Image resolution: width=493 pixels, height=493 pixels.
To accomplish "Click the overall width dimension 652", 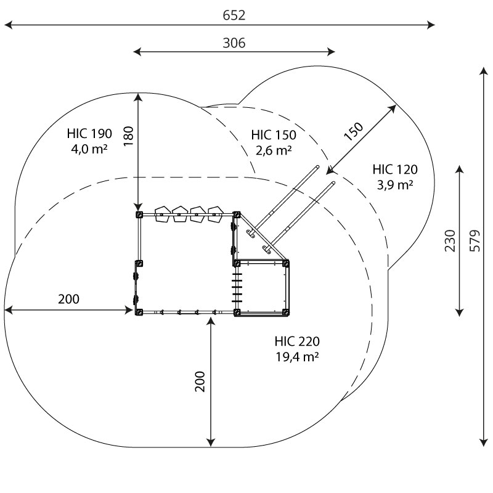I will (x=234, y=15).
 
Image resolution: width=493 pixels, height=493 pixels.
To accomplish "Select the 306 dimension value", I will (x=234, y=43).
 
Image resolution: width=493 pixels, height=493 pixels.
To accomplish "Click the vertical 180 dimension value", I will (x=128, y=137).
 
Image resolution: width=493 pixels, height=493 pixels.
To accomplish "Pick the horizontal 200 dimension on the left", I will (x=68, y=299).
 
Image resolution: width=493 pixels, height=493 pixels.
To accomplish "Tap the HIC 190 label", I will (x=89, y=133).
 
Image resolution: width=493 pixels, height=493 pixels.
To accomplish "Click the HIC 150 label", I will (x=274, y=135).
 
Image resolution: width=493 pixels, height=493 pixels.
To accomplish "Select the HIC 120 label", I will (x=395, y=169).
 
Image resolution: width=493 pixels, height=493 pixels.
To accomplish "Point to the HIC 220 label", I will (x=297, y=341).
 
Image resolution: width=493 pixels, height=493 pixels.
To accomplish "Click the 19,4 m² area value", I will (x=297, y=356).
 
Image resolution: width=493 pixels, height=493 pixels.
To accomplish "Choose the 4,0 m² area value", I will (x=89, y=148).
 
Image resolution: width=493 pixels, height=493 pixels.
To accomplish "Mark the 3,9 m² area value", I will (x=395, y=184).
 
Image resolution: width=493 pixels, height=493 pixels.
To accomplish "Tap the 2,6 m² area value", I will (x=274, y=150).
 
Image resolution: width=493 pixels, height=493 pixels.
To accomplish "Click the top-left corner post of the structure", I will (x=139, y=214).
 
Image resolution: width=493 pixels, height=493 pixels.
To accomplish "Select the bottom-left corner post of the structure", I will (x=139, y=312).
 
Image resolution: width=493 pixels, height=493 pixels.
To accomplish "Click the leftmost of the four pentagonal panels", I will (x=163, y=214).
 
